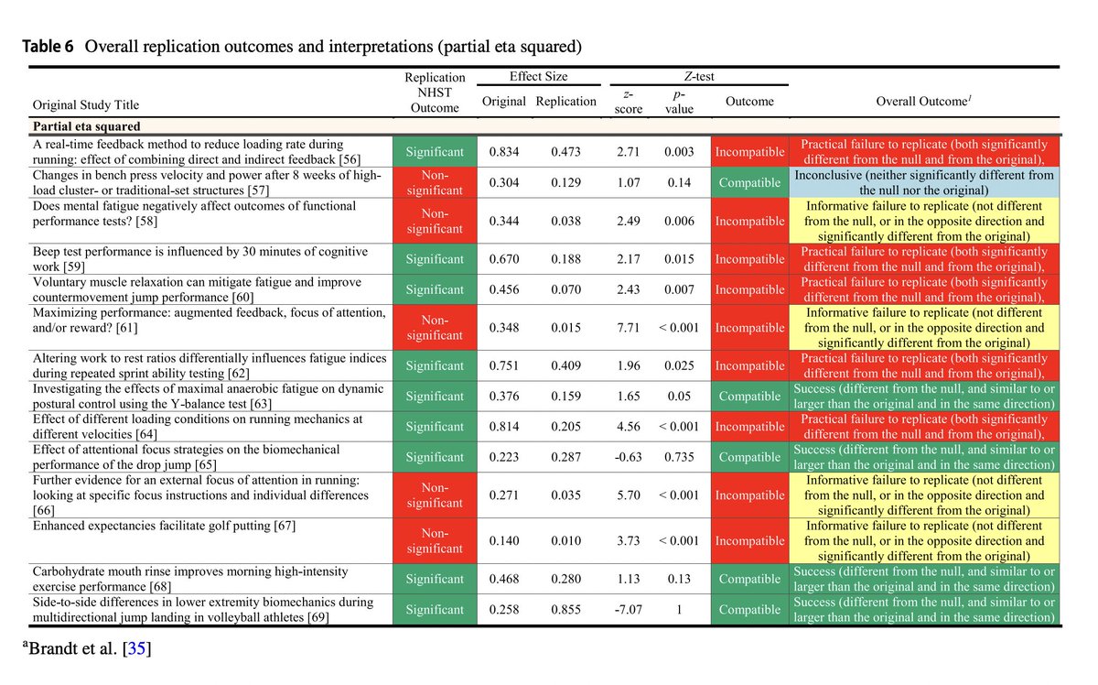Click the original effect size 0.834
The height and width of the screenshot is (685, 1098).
click(x=503, y=152)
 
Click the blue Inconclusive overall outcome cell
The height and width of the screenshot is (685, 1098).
click(x=924, y=182)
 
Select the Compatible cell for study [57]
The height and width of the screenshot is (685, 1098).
click(x=749, y=182)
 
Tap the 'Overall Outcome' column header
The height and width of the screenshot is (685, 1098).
click(x=924, y=102)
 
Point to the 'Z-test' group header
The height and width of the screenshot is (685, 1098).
click(x=700, y=77)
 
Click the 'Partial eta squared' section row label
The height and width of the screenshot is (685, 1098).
click(x=87, y=126)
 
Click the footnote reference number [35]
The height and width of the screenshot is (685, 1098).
click(x=135, y=651)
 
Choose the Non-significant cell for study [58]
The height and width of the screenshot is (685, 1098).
click(x=435, y=221)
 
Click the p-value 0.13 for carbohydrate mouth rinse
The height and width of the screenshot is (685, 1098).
click(x=679, y=579)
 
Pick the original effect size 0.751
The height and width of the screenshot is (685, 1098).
click(x=503, y=365)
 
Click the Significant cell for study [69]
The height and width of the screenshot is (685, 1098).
click(x=435, y=610)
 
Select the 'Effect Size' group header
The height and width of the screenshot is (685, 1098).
click(x=538, y=77)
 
